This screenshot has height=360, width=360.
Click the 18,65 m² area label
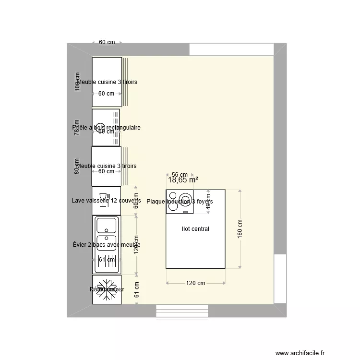(x=183, y=180)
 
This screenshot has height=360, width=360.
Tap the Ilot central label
(x=195, y=229)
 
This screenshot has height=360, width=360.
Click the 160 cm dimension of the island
(x=240, y=228)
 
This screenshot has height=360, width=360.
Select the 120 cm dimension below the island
(x=195, y=283)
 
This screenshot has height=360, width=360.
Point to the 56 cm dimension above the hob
(x=179, y=175)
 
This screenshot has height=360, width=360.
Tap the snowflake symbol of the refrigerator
(x=106, y=289)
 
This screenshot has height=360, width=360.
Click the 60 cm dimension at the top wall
(x=107, y=42)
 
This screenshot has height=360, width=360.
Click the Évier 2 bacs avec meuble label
(x=106, y=245)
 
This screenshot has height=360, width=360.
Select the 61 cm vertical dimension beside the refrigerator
(x=136, y=289)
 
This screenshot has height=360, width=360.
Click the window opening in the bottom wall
(x=183, y=311)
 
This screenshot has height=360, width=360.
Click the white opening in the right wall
(x=280, y=278)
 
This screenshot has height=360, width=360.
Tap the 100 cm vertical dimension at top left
(x=77, y=82)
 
